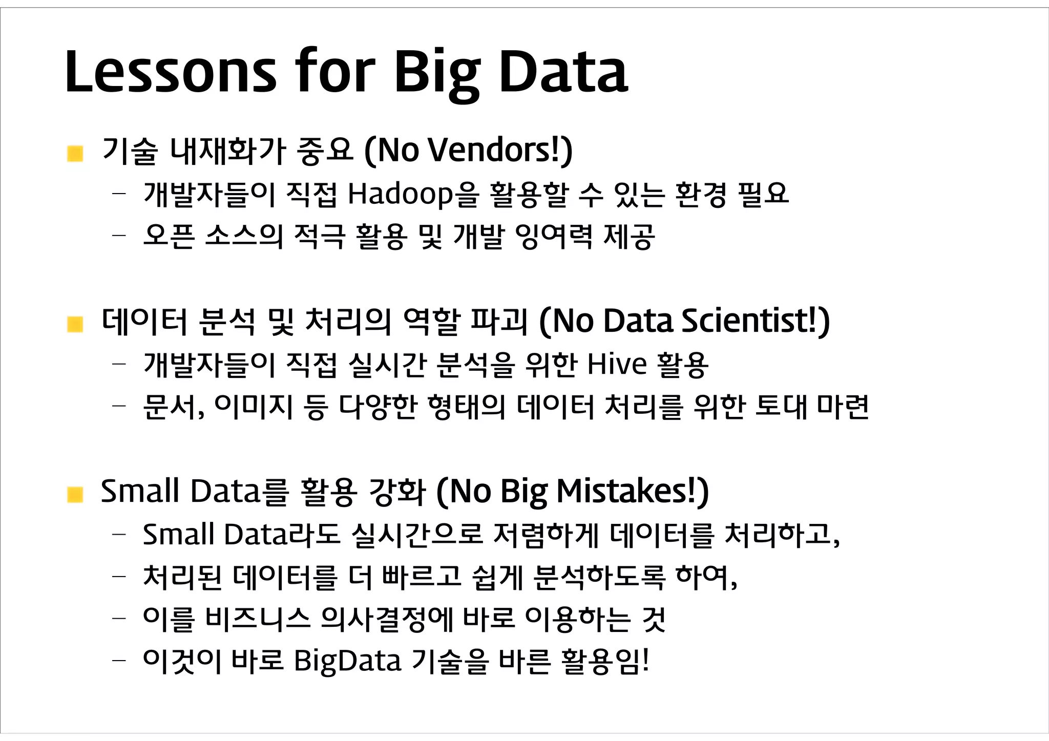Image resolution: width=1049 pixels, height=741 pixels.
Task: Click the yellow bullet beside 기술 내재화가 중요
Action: [75, 153]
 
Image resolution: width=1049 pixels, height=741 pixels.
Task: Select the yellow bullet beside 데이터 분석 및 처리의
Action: [75, 324]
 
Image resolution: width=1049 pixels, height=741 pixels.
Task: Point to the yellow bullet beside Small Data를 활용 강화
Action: [75, 494]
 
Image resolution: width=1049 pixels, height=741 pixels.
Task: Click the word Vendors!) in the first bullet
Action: [499, 151]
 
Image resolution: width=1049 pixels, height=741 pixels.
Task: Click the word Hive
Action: [617, 364]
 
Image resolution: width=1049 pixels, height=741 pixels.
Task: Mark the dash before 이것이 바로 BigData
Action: [119, 661]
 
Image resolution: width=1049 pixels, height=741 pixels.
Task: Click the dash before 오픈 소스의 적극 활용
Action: [119, 236]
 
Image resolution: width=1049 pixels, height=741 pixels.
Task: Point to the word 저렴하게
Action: [545, 534]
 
